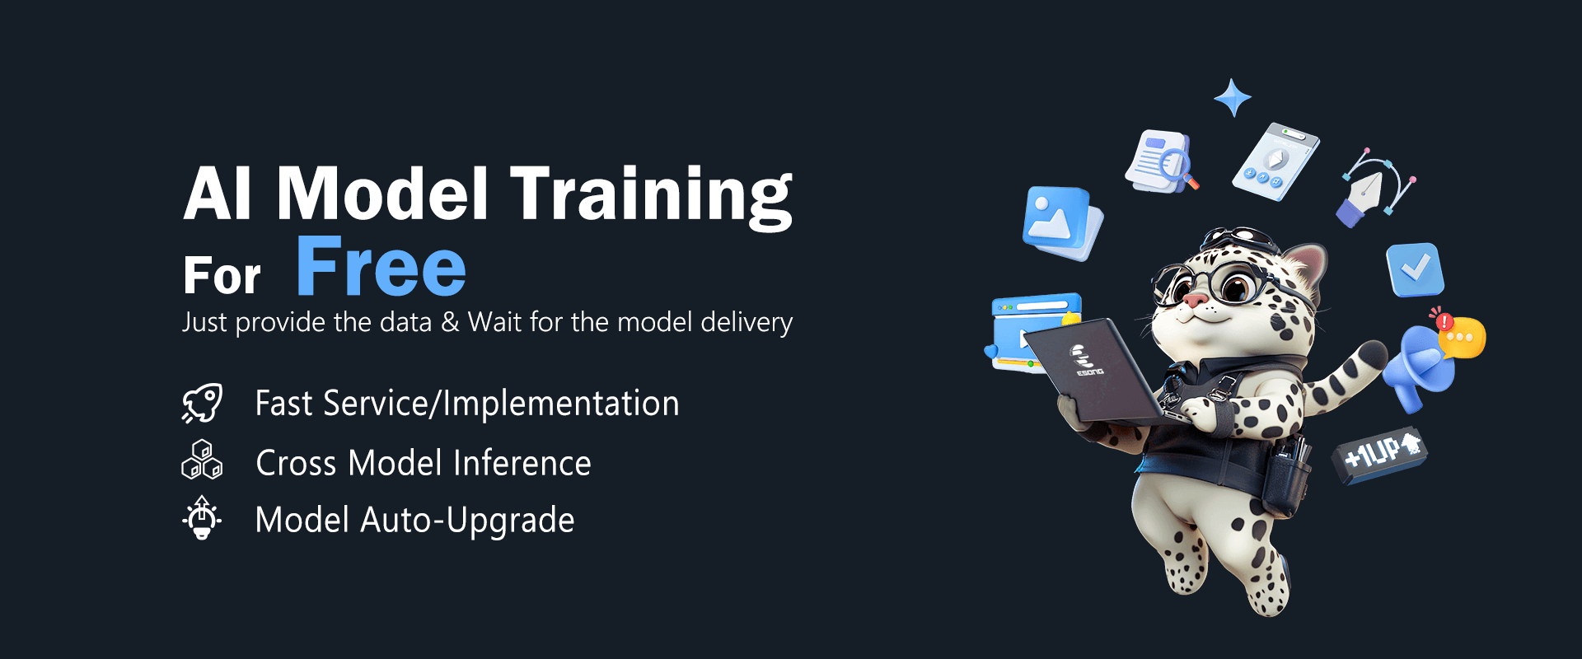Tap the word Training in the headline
click(x=651, y=195)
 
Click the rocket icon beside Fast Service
click(x=202, y=404)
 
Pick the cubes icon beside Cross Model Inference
click(x=202, y=460)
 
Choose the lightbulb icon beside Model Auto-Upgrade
click(x=202, y=518)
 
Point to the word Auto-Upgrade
click(x=467, y=521)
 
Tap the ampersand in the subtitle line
click(x=450, y=322)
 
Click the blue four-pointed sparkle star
click(x=1233, y=98)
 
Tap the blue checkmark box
click(x=1415, y=269)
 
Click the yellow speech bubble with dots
click(x=1462, y=338)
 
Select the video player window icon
click(x=1034, y=332)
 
